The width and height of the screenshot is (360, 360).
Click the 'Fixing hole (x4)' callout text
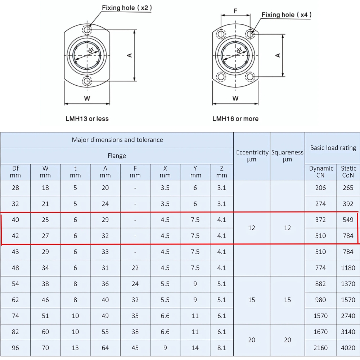pyautogui.click(x=286, y=15)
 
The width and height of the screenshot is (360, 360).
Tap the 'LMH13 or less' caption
pyautogui.click(x=87, y=118)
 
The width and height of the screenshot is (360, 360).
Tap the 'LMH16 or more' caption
pyautogui.click(x=235, y=118)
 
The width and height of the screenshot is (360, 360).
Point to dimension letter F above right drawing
pyautogui.click(x=235, y=11)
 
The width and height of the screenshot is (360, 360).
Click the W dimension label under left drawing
pyautogui.click(x=87, y=98)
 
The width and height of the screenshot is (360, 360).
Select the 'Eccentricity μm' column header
pyautogui.click(x=252, y=156)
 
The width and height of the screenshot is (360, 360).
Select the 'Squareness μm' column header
pyautogui.click(x=287, y=156)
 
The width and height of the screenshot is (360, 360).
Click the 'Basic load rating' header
pyautogui.click(x=333, y=148)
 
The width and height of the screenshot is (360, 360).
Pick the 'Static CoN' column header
pyautogui.click(x=348, y=172)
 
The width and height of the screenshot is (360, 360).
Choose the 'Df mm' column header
pyautogui.click(x=15, y=172)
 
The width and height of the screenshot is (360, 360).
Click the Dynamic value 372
pyautogui.click(x=320, y=220)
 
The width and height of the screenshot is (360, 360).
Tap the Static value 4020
pyautogui.click(x=348, y=348)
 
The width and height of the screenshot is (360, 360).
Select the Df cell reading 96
pyautogui.click(x=15, y=348)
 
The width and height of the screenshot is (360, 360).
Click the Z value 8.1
pyautogui.click(x=222, y=348)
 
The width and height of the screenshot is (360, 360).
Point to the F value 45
pyautogui.click(x=135, y=348)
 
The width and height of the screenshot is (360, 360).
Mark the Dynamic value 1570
pyautogui.click(x=320, y=316)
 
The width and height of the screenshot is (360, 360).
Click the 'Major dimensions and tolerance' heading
pyautogui.click(x=117, y=140)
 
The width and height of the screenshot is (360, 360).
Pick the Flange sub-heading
pyautogui.click(x=117, y=156)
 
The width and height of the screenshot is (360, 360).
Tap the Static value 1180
pyautogui.click(x=348, y=267)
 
